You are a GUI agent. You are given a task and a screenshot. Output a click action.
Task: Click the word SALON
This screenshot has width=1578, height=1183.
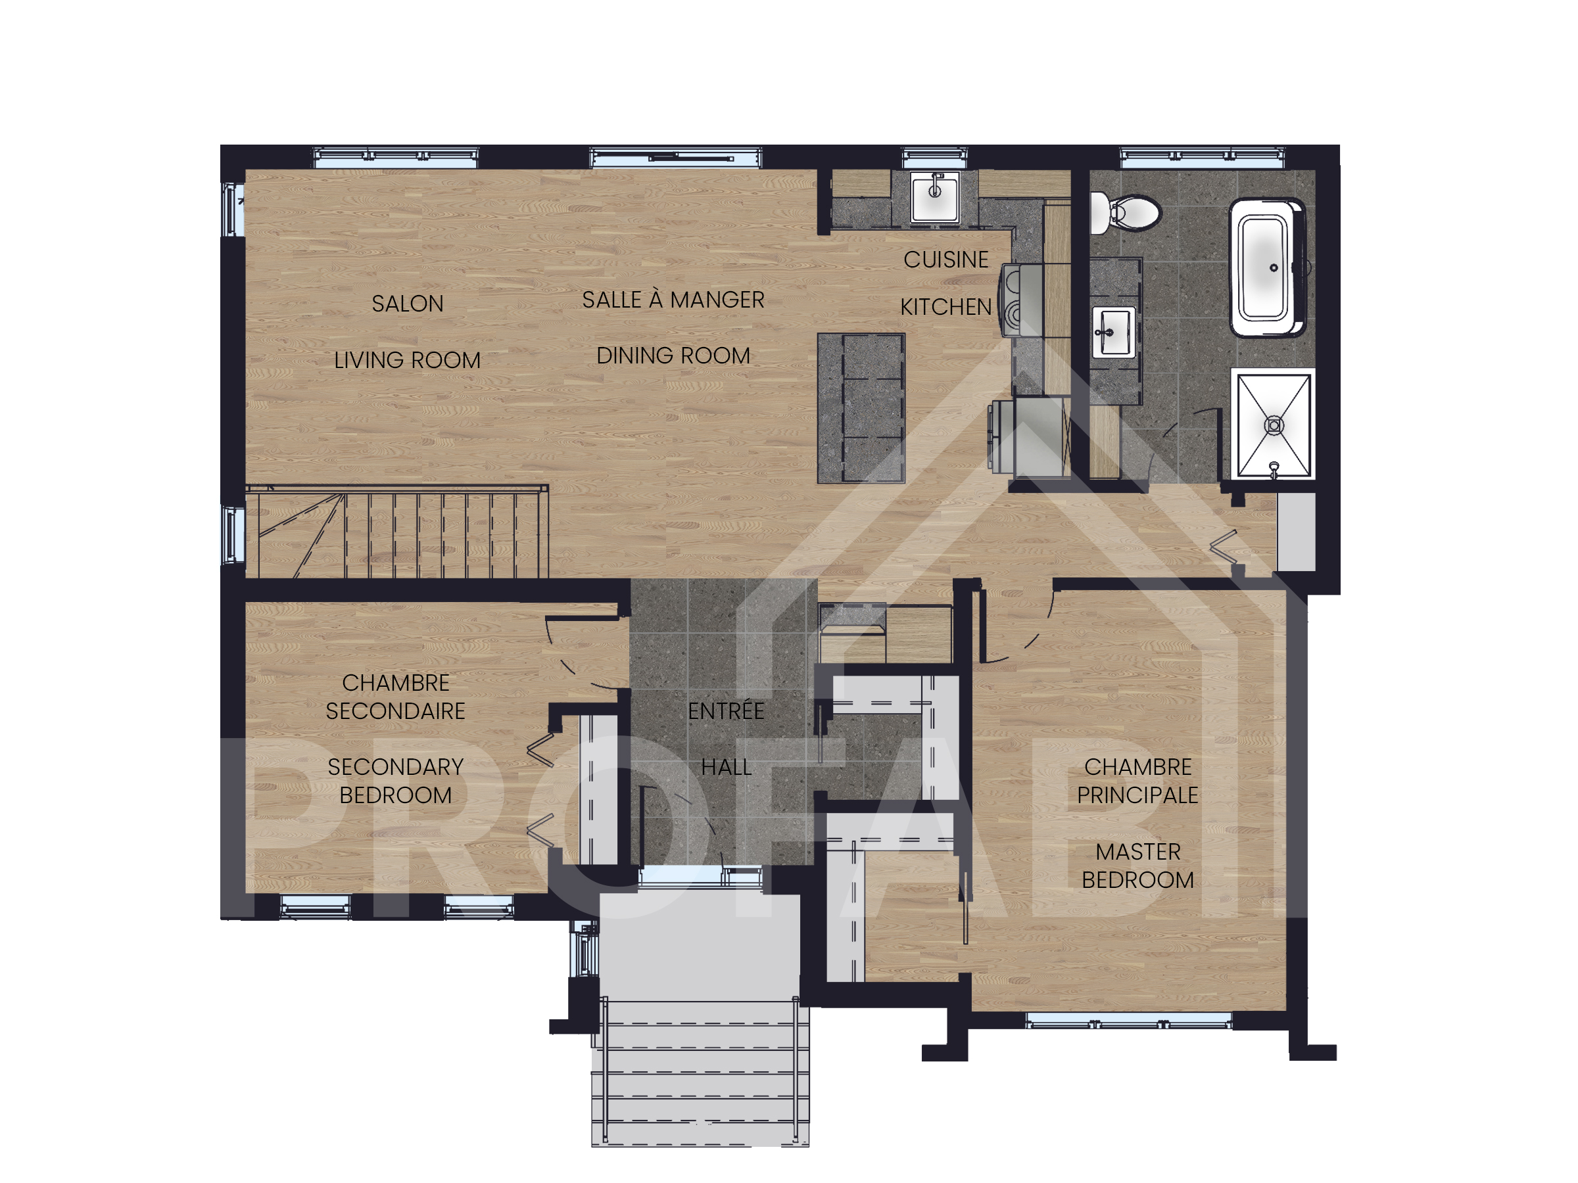click(408, 304)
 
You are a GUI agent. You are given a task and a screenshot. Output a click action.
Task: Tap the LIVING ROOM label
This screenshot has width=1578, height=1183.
click(408, 360)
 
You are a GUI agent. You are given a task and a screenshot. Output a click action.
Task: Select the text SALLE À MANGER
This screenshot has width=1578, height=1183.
click(673, 300)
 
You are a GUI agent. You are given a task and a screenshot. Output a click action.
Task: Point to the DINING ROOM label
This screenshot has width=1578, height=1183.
click(673, 355)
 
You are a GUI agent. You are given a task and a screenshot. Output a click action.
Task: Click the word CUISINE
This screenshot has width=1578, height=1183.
click(946, 260)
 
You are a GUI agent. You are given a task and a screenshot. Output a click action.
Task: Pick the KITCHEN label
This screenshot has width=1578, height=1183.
click(946, 307)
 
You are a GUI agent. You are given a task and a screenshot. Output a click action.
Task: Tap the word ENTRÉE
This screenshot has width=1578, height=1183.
click(725, 710)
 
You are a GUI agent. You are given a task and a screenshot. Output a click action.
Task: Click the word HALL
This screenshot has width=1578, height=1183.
click(725, 767)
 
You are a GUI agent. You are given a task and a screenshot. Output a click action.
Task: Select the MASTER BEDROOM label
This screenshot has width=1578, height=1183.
click(1138, 866)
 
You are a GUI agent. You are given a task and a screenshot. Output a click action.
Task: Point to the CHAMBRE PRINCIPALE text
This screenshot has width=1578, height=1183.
click(1138, 781)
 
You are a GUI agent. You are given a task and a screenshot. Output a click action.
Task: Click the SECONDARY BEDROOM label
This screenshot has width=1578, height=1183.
click(395, 781)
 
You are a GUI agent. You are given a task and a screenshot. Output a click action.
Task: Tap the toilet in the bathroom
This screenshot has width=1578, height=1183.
click(1125, 212)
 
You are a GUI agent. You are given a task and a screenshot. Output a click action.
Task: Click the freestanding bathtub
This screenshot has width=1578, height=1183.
click(1268, 267)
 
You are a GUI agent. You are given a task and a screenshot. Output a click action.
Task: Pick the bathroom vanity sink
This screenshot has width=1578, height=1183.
click(1113, 332)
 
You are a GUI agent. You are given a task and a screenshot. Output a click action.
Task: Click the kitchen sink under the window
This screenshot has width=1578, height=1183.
click(934, 196)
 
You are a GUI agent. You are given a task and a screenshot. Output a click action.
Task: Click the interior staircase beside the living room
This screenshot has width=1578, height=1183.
click(396, 531)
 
